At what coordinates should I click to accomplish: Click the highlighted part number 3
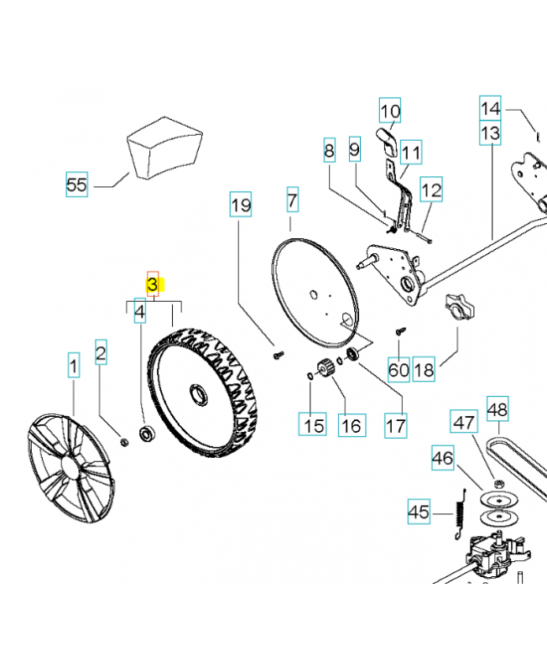pos(153,285)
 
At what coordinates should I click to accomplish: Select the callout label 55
pos(76,184)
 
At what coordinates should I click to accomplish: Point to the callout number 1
pos(74,367)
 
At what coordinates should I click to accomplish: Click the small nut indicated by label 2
pos(124,442)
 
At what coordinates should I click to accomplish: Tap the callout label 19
pos(241,205)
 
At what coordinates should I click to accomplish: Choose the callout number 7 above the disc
pos(291,200)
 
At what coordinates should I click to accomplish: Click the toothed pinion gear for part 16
pos(325,368)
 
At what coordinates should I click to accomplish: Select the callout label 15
pos(314,425)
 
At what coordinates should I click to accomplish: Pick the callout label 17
pos(395,425)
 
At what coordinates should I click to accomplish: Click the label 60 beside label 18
pos(399,370)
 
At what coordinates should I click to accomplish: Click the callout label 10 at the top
pos(390,111)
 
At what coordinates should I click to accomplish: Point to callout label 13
pos(490,133)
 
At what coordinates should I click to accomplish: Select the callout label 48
pos(498,409)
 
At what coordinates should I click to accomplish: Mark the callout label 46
pos(443,458)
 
